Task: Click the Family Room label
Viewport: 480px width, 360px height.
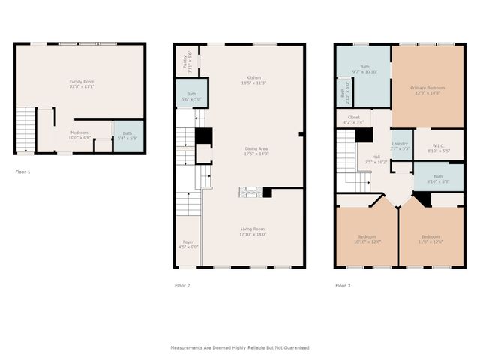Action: [x=82, y=83]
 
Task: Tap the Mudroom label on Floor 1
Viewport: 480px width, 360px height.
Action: [x=79, y=135]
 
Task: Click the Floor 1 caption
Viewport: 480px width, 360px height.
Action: [x=23, y=172]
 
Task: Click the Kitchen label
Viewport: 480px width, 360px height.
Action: [x=253, y=80]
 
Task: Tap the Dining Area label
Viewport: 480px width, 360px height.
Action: [x=256, y=151]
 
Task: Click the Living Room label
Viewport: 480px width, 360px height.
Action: [x=252, y=232]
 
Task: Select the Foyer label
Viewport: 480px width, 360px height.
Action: [x=188, y=244]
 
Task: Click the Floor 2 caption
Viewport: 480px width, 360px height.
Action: [x=182, y=286]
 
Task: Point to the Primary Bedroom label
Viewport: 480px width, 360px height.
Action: [x=427, y=90]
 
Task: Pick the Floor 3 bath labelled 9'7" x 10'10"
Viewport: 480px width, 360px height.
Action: [x=364, y=69]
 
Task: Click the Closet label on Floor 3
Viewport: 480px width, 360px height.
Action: [x=353, y=119]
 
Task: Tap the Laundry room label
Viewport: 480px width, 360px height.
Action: [x=400, y=146]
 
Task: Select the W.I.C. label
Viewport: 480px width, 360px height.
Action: [x=441, y=148]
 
